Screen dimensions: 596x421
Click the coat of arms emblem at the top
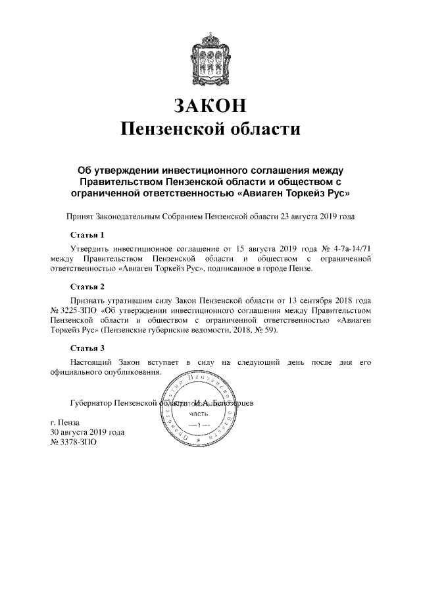click(x=210, y=55)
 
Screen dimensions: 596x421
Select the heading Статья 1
click(x=87, y=234)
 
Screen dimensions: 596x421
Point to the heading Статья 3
click(x=87, y=348)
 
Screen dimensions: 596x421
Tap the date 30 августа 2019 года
click(x=87, y=433)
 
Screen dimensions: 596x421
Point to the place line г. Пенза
click(x=64, y=422)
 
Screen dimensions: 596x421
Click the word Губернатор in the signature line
click(x=90, y=402)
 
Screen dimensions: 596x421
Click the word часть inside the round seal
click(x=199, y=414)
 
